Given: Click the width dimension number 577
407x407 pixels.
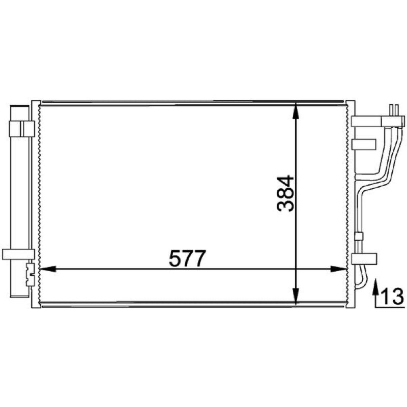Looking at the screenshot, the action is (x=187, y=258).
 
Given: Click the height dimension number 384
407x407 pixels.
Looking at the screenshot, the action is (x=285, y=194).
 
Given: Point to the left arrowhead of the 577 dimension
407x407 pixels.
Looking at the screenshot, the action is (x=48, y=269).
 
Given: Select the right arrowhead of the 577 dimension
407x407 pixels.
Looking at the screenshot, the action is (x=338, y=269).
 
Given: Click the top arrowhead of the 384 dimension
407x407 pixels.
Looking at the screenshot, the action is (x=296, y=111).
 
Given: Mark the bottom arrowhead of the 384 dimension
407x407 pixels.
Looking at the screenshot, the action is (x=296, y=296).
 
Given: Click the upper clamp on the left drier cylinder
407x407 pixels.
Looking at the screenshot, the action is (x=22, y=129).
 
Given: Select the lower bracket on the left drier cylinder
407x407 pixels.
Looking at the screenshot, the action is (x=18, y=254).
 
